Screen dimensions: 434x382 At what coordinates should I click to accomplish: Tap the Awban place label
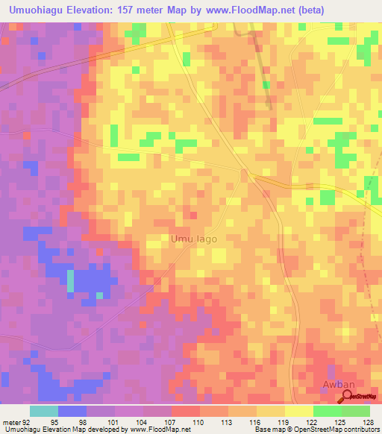[336, 385]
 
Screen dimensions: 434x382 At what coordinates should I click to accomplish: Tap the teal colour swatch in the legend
[44, 411]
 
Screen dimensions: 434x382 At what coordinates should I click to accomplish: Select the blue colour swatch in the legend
[72, 411]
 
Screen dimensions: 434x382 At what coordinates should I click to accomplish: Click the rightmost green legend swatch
[356, 411]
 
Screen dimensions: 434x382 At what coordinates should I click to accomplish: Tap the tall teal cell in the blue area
[71, 280]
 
